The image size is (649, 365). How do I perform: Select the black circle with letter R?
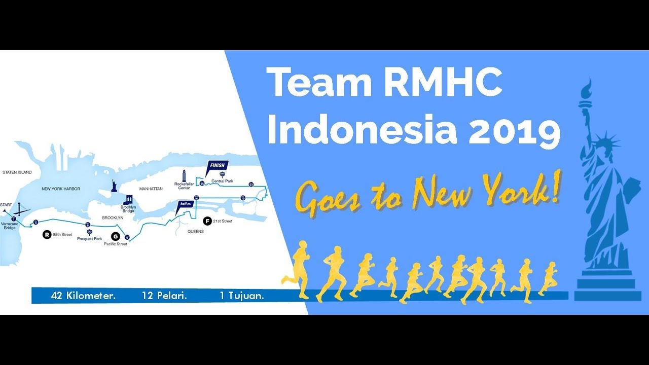[x=47, y=235]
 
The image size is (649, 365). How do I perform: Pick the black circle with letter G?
[x=115, y=236]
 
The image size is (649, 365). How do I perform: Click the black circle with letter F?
[x=206, y=221]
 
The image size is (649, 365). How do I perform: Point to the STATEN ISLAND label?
[x=17, y=172]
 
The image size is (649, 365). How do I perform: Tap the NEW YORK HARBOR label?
[x=61, y=189]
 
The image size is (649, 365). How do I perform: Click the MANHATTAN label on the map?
[x=151, y=189]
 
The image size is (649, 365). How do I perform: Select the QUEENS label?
[x=195, y=232]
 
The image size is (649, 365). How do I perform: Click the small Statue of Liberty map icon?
[x=115, y=186]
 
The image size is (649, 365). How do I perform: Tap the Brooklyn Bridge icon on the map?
[x=129, y=199]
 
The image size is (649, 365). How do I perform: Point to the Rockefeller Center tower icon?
[x=184, y=175]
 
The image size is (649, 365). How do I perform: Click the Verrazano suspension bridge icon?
[x=20, y=209]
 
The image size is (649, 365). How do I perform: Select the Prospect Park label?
[x=89, y=238]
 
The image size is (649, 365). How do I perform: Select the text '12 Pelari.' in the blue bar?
[x=164, y=296]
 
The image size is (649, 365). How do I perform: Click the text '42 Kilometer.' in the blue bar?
[x=83, y=296]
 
